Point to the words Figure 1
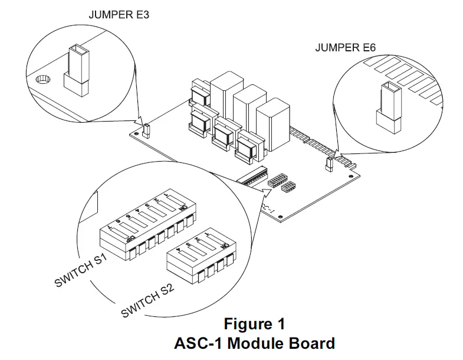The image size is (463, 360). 254,324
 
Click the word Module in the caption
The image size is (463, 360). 262,343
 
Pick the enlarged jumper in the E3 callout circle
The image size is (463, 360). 76,68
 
